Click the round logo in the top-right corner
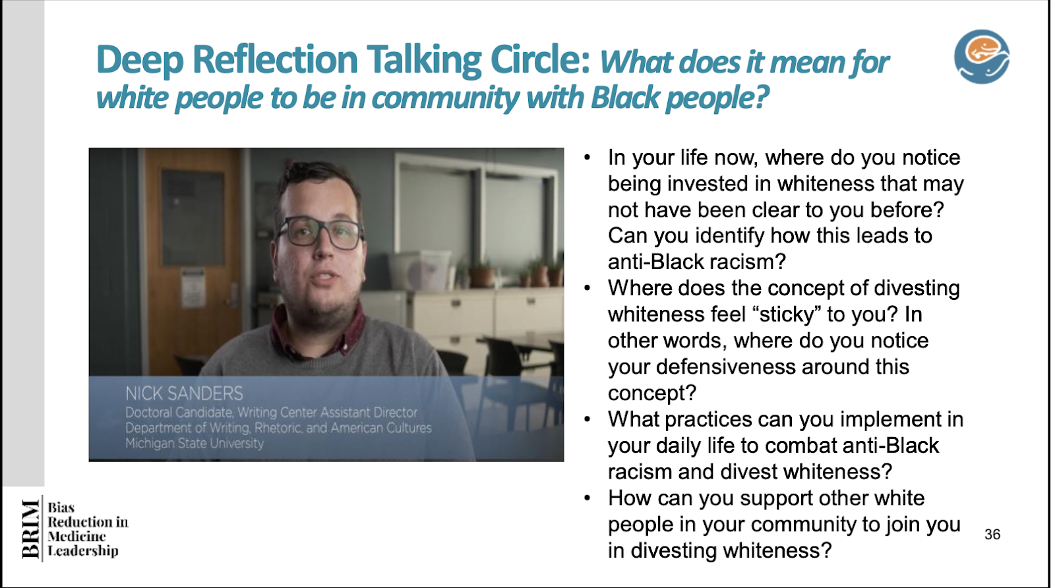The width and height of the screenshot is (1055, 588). point(982,57)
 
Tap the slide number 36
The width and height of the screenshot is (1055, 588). point(992,535)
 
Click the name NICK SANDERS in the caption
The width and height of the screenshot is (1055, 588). point(184,393)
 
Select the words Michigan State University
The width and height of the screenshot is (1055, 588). point(194,443)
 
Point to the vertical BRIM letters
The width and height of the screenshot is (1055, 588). point(31,529)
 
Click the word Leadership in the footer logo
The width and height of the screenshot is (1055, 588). point(83,551)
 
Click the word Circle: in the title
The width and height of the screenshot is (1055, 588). point(540,60)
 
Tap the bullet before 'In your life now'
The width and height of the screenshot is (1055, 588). point(587,158)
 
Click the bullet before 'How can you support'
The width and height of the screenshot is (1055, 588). point(587,498)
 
